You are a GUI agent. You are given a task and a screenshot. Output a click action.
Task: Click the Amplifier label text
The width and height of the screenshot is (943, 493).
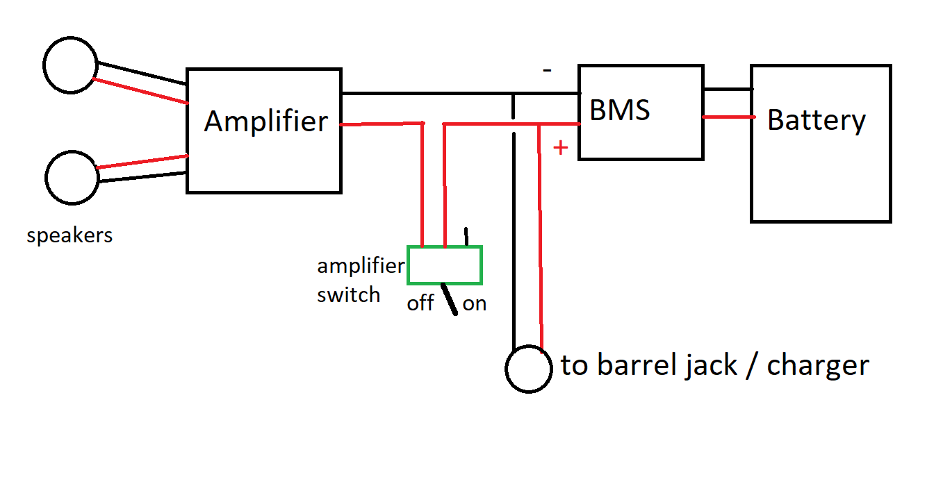tap(265, 122)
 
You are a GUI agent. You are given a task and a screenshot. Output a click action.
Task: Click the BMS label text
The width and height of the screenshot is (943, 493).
tap(620, 110)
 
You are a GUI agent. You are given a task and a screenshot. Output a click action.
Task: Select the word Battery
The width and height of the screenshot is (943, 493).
tap(817, 120)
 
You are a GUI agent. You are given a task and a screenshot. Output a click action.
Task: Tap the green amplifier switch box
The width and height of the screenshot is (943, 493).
tap(445, 265)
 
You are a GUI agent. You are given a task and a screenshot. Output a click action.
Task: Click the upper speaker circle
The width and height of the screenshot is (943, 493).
tap(69, 65)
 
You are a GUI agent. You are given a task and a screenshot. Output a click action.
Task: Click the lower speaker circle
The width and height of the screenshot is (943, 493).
tap(72, 178)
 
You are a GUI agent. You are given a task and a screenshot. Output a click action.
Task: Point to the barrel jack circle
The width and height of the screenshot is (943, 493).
tap(530, 369)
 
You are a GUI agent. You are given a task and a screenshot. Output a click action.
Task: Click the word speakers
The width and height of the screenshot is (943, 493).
tap(69, 236)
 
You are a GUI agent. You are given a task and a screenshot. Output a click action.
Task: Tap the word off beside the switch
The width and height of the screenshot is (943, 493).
tap(420, 303)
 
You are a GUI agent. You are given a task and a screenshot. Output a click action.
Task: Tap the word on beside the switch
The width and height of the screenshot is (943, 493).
tap(475, 303)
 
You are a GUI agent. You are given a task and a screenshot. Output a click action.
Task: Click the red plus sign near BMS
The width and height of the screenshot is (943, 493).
tap(560, 148)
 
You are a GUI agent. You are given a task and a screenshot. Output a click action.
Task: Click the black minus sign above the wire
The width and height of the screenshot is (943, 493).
tap(548, 70)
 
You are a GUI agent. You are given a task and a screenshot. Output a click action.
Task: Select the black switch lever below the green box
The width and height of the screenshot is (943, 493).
tap(450, 299)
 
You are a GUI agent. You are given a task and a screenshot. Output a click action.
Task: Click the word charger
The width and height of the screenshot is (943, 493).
tap(817, 365)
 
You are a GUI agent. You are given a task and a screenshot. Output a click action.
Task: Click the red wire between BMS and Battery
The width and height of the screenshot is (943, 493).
tap(728, 117)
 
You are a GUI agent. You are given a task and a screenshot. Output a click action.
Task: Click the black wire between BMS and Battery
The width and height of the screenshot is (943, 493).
tap(728, 89)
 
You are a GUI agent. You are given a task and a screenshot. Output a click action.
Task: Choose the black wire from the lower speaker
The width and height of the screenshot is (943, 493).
tap(142, 176)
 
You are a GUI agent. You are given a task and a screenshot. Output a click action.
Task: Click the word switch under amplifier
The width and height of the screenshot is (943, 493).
tap(348, 294)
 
